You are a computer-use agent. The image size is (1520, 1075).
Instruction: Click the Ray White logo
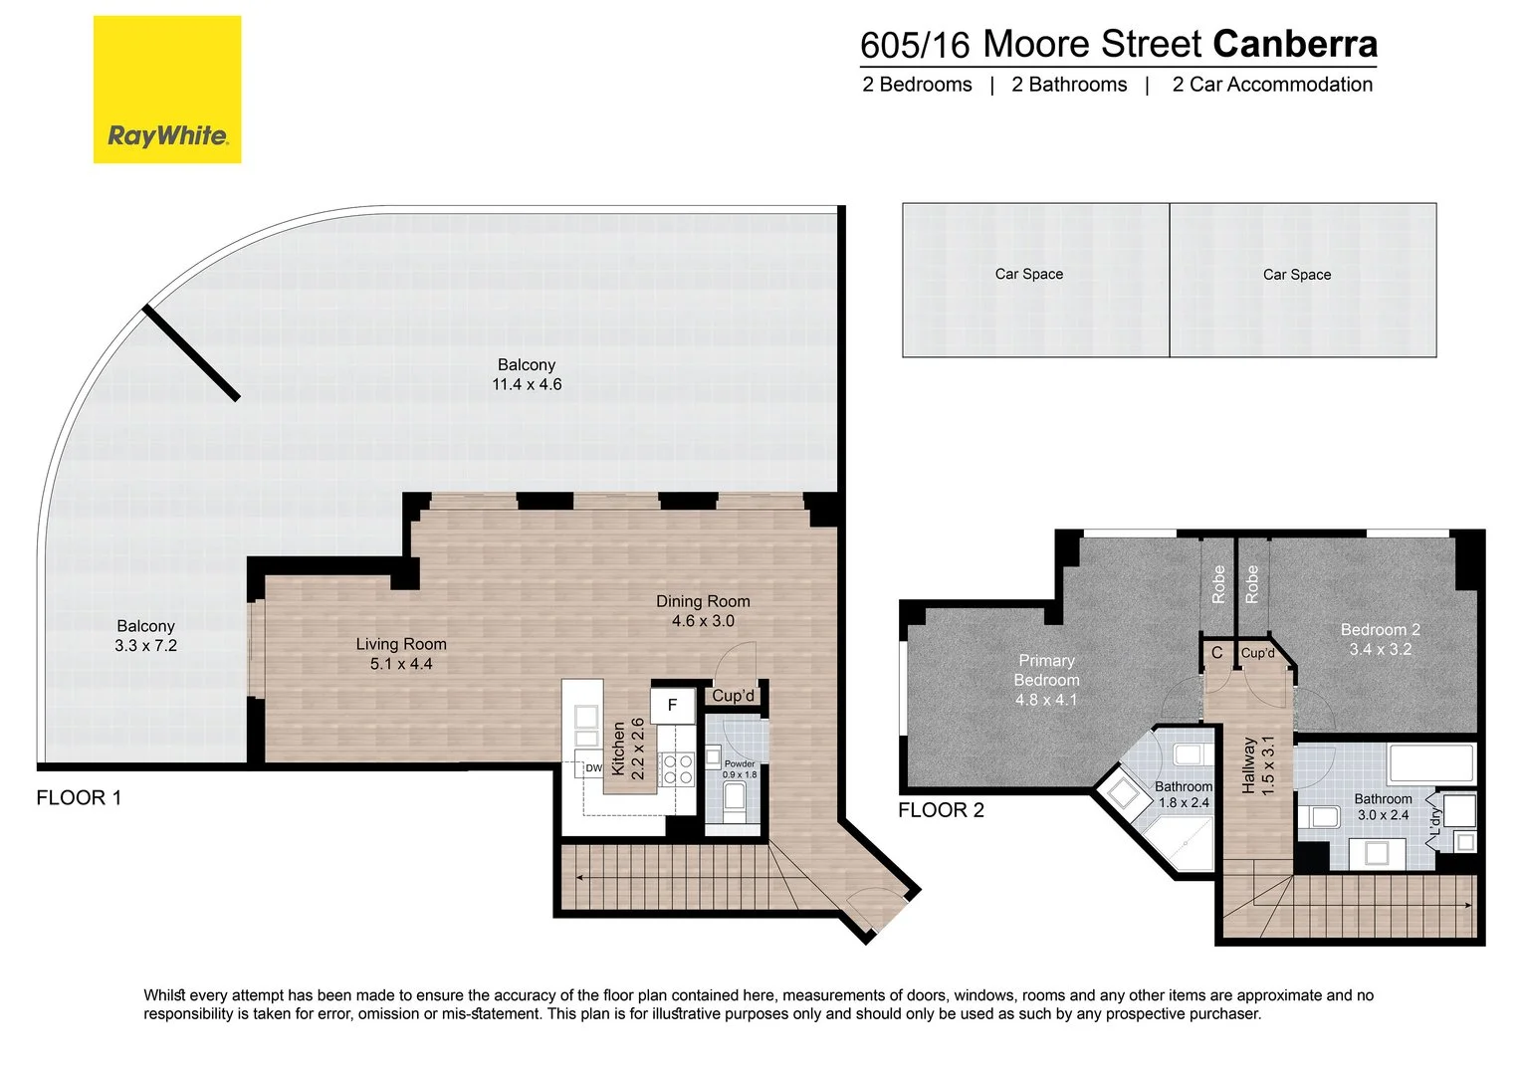pyautogui.click(x=167, y=90)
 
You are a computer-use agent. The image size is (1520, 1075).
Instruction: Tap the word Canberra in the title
pyautogui.click(x=1295, y=44)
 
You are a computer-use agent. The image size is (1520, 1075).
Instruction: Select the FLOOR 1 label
pyautogui.click(x=79, y=797)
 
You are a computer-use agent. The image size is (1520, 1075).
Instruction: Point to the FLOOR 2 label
pyautogui.click(x=941, y=810)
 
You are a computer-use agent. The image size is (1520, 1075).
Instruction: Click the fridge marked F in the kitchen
pyautogui.click(x=672, y=705)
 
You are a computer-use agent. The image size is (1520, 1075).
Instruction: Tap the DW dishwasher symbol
pyautogui.click(x=593, y=768)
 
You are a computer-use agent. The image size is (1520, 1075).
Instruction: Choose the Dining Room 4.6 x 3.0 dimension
pyautogui.click(x=703, y=621)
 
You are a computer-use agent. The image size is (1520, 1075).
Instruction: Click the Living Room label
pyautogui.click(x=401, y=644)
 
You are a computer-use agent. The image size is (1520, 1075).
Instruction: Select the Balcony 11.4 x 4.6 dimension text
pyautogui.click(x=527, y=384)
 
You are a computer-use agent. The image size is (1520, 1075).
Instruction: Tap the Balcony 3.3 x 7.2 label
pyautogui.click(x=145, y=635)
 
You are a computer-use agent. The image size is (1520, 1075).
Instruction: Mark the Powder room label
pyautogui.click(x=740, y=764)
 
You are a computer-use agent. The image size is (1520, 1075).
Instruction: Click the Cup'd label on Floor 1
pyautogui.click(x=733, y=696)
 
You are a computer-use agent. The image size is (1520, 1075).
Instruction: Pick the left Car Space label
pyautogui.click(x=1029, y=274)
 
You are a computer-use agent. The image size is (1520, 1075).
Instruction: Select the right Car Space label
pyautogui.click(x=1297, y=275)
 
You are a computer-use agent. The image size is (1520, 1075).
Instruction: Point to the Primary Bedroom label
pyautogui.click(x=1046, y=670)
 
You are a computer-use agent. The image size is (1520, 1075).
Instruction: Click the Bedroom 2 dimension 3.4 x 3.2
pyautogui.click(x=1381, y=649)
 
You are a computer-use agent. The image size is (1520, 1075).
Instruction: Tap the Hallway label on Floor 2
pyautogui.click(x=1248, y=765)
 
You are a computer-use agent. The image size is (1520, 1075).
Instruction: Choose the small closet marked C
pyautogui.click(x=1216, y=653)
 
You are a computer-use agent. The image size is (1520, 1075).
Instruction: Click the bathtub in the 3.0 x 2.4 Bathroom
pyautogui.click(x=1431, y=763)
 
